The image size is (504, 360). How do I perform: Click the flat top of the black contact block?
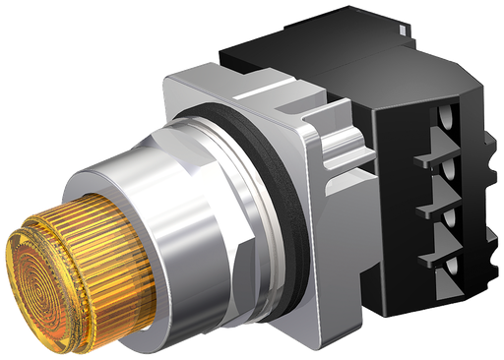pos(325,44)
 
